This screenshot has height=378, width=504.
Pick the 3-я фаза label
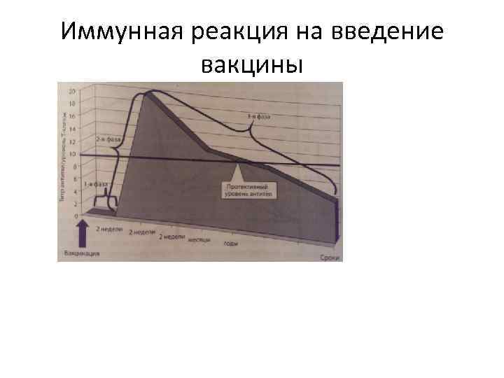coord(260,115)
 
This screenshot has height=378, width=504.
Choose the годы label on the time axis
coord(231,244)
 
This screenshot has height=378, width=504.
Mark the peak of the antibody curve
coord(148,93)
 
